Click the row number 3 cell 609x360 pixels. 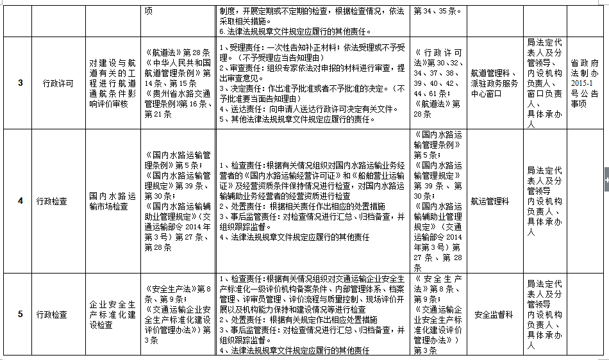pyautogui.click(x=20, y=83)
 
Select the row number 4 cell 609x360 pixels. pyautogui.click(x=20, y=201)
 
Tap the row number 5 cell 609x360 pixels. pyautogui.click(x=20, y=315)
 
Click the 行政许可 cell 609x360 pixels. pyautogui.click(x=58, y=83)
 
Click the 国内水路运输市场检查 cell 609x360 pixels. pyautogui.click(x=112, y=201)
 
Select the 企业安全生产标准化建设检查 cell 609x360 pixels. pyautogui.click(x=112, y=315)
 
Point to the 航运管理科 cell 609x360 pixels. pyautogui.click(x=490, y=201)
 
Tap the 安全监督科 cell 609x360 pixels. pyautogui.click(x=490, y=315)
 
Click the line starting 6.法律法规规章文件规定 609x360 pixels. pyautogui.click(x=295, y=31)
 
